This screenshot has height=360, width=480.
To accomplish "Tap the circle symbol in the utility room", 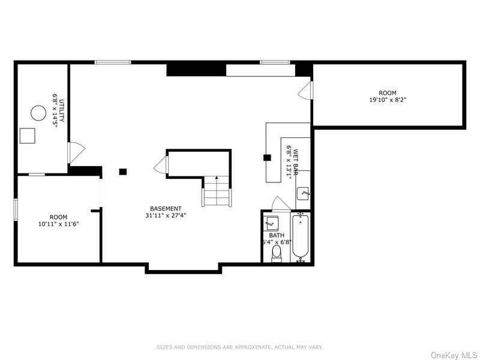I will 38,113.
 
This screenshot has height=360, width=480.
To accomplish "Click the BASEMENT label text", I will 166,209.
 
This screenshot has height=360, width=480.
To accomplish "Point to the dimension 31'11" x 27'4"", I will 166,215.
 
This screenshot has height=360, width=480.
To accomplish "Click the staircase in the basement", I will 217,192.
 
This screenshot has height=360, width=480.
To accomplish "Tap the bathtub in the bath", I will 301,238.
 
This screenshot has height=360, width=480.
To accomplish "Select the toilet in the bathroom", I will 277,255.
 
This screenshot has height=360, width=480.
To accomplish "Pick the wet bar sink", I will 304,193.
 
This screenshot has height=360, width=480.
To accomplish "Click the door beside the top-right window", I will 306,90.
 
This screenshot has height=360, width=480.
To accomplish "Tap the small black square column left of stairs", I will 122,172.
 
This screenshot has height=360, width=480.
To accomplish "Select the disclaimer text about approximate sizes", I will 240,347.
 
